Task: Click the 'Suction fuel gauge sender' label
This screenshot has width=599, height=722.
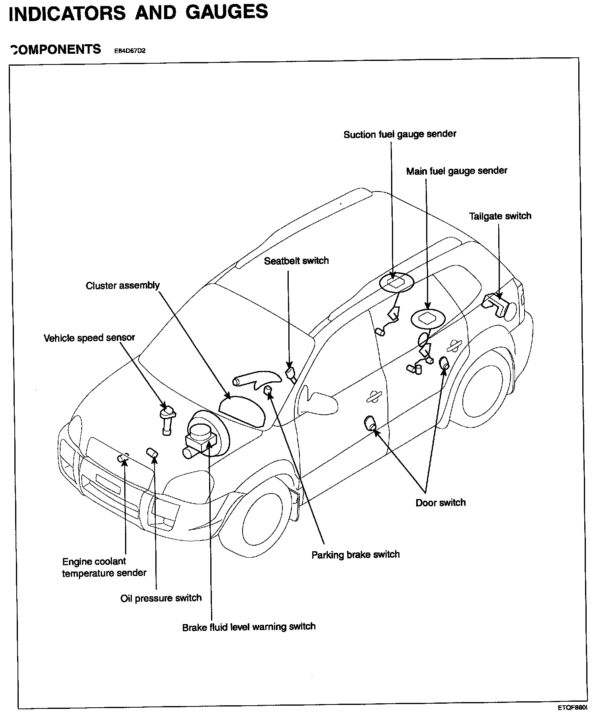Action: (400, 134)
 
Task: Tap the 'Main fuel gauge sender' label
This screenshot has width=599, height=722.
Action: (457, 171)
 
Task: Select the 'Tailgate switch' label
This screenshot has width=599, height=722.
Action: (500, 216)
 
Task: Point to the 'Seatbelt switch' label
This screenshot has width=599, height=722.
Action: (296, 261)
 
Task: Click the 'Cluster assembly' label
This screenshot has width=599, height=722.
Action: (123, 286)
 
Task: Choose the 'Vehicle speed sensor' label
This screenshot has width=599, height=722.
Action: (89, 338)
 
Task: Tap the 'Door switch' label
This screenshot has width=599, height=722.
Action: (440, 503)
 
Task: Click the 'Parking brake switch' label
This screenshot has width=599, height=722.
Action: (356, 555)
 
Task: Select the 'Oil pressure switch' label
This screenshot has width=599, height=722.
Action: (161, 598)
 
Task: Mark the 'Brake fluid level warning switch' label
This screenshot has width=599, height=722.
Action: (249, 627)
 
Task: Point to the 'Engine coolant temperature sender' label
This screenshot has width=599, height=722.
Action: (104, 568)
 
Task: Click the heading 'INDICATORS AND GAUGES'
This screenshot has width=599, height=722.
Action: (138, 13)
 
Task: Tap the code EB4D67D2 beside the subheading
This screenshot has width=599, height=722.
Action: (130, 51)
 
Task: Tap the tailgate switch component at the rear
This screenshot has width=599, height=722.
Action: (499, 304)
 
